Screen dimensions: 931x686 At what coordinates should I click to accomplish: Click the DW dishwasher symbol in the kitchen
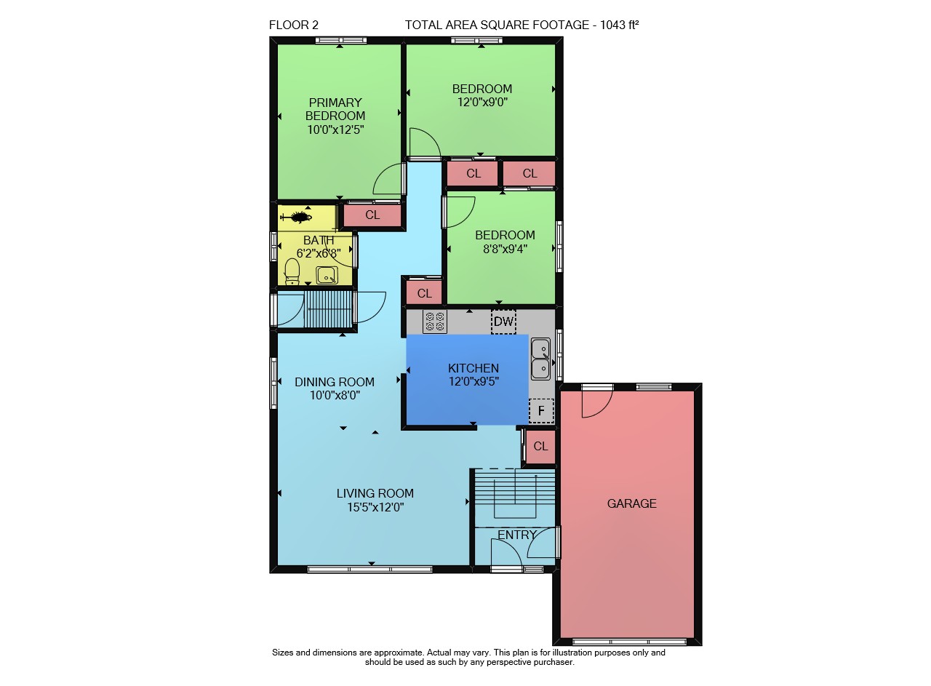coord(504,322)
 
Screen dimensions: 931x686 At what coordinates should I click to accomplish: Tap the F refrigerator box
coord(541,411)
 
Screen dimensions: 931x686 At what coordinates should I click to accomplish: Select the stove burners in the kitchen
coord(435,322)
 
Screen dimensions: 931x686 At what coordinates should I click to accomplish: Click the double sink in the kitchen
coord(540,359)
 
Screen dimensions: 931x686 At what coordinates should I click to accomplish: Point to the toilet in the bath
coord(292,272)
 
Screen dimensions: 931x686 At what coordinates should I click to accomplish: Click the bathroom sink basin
coord(327,275)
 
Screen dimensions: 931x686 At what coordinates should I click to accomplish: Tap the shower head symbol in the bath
coord(296,217)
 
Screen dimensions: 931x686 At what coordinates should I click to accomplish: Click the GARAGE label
coord(632,503)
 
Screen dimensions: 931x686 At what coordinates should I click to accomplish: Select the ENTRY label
coord(517,535)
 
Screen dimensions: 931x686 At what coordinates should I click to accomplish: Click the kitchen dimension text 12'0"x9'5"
coord(474,381)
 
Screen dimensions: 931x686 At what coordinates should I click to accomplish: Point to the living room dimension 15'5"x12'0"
coord(376,507)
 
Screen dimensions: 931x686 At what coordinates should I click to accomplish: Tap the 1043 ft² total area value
coord(619,25)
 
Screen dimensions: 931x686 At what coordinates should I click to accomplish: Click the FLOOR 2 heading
coord(294,25)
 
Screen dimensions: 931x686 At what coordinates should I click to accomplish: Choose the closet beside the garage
coord(540,446)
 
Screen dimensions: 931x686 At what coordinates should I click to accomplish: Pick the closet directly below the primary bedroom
coord(372,215)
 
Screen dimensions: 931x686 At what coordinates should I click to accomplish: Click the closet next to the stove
coord(424,292)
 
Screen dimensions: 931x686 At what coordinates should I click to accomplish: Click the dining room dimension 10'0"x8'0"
coord(335,395)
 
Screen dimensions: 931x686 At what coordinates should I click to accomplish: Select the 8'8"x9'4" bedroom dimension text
coord(506,249)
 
